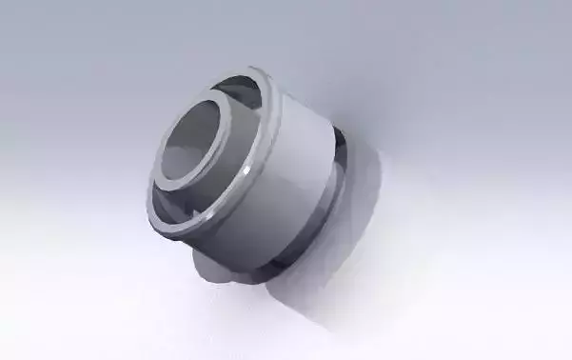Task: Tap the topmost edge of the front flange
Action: coord(257,70)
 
